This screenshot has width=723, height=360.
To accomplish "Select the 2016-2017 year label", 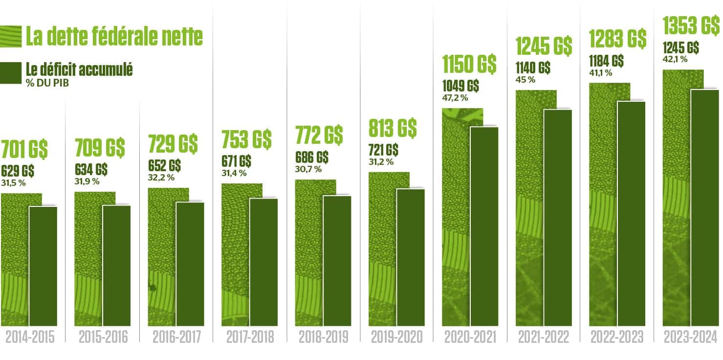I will click(x=176, y=338).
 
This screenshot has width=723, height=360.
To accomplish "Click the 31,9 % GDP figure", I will click(x=87, y=181).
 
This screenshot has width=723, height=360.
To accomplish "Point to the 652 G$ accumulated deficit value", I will click(x=164, y=166).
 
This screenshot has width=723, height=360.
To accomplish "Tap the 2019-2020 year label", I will click(x=396, y=338).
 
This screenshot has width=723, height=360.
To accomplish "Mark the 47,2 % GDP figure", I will click(x=455, y=98).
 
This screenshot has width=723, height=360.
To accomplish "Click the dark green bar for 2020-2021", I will click(x=484, y=226).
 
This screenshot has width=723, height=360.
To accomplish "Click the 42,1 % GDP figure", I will click(x=675, y=59).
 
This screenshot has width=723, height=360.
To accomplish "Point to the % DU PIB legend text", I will click(x=47, y=83).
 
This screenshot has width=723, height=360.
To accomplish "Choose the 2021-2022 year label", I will click(x=544, y=338).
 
